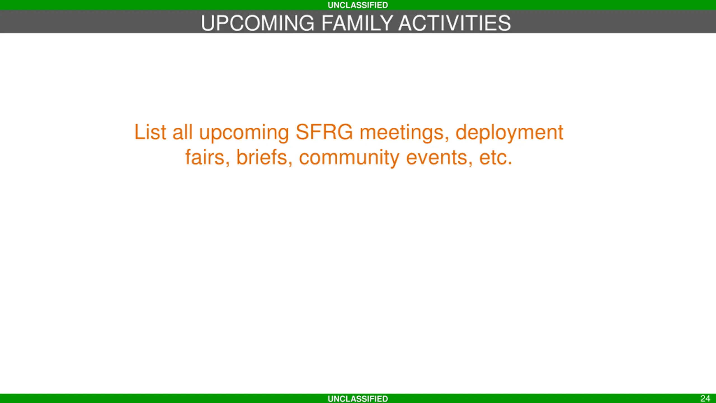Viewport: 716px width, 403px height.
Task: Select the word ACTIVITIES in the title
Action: (455, 23)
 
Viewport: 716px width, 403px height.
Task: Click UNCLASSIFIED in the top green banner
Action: (358, 5)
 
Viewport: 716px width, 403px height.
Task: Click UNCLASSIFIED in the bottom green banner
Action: (358, 399)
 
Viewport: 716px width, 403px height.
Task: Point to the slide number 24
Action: (705, 399)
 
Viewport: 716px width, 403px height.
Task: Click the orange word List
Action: (150, 132)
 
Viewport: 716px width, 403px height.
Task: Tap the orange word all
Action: (182, 132)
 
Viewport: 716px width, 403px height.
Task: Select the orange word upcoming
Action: (244, 134)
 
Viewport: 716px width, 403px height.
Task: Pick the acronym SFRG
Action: (324, 132)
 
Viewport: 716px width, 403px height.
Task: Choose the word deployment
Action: (509, 134)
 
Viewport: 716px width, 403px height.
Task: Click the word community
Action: (349, 159)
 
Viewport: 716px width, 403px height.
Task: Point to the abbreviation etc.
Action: (496, 158)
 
